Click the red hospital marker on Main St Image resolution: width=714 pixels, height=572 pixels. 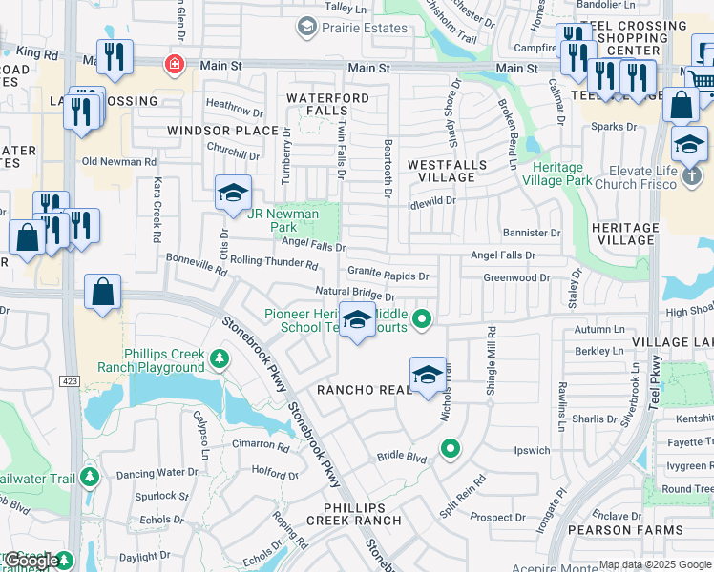click(x=175, y=65)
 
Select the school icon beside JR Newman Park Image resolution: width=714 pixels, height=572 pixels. click(x=232, y=194)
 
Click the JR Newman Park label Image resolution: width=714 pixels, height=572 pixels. click(x=283, y=221)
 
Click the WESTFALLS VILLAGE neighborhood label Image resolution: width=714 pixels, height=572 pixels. click(x=448, y=171)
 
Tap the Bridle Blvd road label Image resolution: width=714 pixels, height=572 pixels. click(x=401, y=457)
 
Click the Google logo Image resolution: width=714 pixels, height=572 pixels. click(x=31, y=561)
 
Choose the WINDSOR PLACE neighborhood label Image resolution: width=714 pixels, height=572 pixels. click(x=221, y=130)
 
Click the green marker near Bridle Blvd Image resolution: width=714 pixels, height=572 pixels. click(x=450, y=447)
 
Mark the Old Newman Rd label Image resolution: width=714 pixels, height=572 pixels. click(x=118, y=162)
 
